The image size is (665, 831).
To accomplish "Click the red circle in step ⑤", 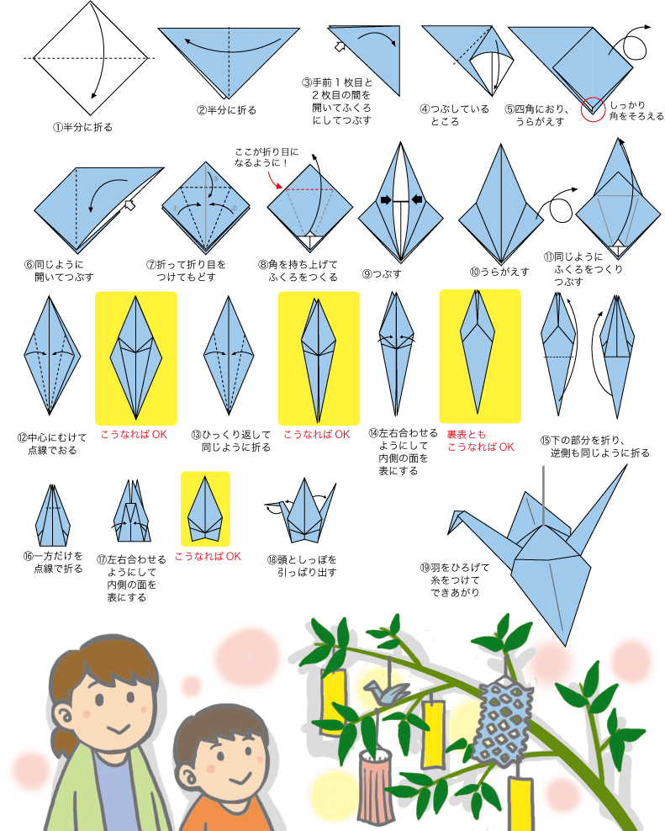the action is (x=593, y=98).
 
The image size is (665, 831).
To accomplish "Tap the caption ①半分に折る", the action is (x=82, y=127).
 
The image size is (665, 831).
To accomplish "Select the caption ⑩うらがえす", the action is (x=499, y=272).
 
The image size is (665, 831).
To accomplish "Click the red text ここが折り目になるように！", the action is (x=267, y=157).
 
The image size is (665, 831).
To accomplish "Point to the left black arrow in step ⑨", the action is (x=386, y=200).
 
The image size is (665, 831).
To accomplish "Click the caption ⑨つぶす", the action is (x=382, y=274).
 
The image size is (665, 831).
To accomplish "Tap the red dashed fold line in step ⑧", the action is (x=309, y=189).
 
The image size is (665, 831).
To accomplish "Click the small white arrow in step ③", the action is (x=340, y=46).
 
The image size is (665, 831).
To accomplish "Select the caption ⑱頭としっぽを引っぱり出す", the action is (x=302, y=566).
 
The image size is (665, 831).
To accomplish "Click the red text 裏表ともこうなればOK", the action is (x=480, y=441).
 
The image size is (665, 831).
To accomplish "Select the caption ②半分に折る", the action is (x=226, y=110).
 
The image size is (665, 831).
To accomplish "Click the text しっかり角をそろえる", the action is (x=636, y=110).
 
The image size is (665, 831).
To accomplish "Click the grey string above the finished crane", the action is (x=544, y=495).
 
